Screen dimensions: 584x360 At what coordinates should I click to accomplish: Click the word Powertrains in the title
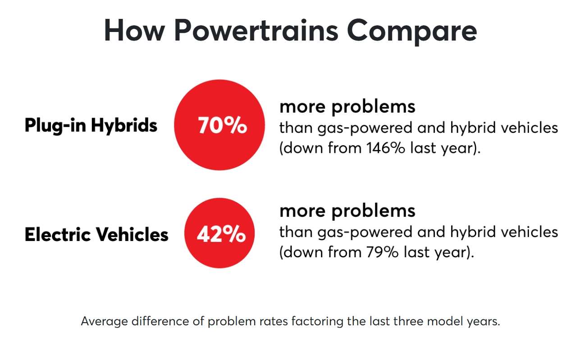point(256,31)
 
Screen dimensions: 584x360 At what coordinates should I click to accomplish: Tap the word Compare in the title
point(412,31)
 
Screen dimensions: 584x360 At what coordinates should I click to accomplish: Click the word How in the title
point(135,30)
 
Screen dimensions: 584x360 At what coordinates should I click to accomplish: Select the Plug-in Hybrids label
point(91,125)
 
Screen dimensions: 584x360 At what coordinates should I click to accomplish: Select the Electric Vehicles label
point(96,234)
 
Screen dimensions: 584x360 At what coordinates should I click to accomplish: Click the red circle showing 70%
point(219,125)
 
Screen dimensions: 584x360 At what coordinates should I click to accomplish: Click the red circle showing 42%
point(219,233)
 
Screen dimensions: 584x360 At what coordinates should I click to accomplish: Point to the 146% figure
point(386,148)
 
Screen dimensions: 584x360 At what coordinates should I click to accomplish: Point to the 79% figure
point(383,252)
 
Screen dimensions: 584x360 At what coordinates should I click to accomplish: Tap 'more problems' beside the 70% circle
point(347,107)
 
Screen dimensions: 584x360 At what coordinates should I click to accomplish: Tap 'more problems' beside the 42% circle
point(347,211)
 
